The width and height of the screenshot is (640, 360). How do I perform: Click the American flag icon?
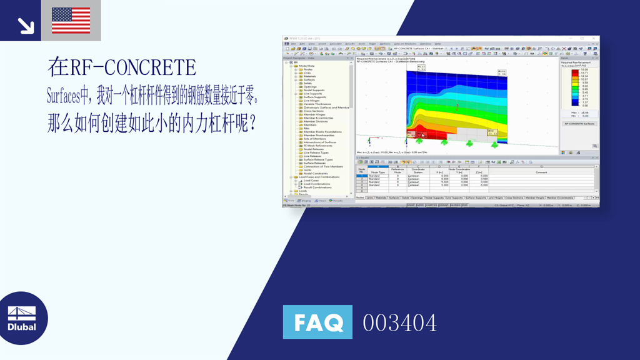click(71, 20)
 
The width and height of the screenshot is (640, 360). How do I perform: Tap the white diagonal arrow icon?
click(24, 24)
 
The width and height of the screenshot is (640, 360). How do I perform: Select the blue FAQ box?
click(317, 322)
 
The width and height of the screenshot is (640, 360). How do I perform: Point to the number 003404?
click(400, 323)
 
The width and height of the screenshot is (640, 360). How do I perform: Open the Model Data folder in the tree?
click(306, 66)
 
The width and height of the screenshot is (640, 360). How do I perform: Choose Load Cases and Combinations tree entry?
click(319, 177)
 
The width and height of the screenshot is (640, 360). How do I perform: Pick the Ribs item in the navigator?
click(306, 128)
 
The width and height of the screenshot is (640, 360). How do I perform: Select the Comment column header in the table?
click(541, 172)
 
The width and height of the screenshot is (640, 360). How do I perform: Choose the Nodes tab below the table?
click(360, 197)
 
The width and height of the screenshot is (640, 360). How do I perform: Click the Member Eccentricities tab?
click(560, 197)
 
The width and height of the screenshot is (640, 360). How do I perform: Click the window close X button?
click(596, 39)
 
